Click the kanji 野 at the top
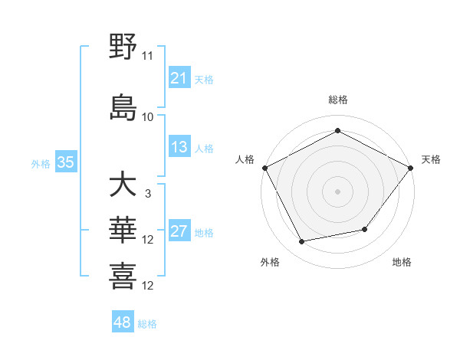[x=123, y=47]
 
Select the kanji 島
[x=123, y=106]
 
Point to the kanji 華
[x=123, y=230]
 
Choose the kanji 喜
[x=123, y=276]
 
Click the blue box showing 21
[x=179, y=78]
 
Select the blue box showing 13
[x=179, y=147]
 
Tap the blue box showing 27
[x=179, y=232]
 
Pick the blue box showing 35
[x=66, y=162]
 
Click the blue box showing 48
[x=123, y=322]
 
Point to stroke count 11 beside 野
[x=148, y=56]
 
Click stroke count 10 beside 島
[x=148, y=116]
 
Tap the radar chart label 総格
[x=338, y=100]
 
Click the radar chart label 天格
[x=431, y=159]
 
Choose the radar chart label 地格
[x=402, y=262]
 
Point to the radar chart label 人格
[x=245, y=159]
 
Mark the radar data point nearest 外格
[x=301, y=242]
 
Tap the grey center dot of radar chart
[x=338, y=191]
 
